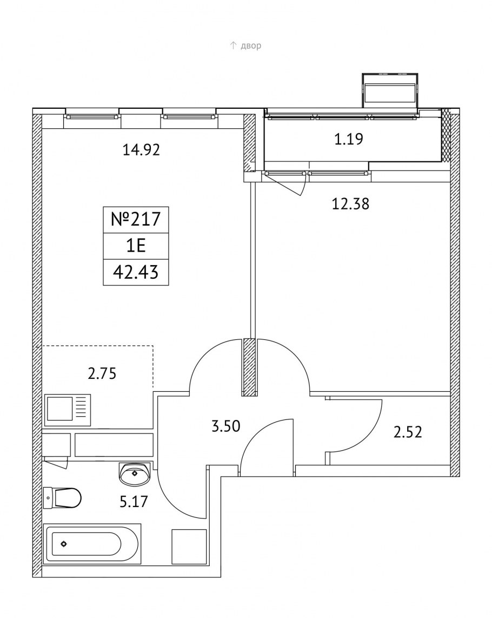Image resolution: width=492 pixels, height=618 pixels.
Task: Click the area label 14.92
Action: pos(142,150)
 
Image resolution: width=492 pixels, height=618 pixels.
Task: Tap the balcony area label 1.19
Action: pos(349,139)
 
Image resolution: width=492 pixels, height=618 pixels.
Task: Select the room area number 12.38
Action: pos(350,204)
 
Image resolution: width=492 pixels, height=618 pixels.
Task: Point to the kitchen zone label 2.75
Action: pos(102,373)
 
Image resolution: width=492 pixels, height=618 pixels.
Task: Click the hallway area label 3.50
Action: pos(225,426)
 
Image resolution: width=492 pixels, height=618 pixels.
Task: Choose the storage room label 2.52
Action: pos(408,432)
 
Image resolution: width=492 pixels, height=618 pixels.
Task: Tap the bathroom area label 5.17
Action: pos(134,502)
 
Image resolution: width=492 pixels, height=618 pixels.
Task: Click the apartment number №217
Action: pos(136,220)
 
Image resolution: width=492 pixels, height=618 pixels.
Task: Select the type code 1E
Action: pos(136,246)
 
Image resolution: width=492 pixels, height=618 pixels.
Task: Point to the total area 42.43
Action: pos(136,272)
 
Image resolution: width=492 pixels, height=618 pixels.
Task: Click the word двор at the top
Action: pos(251,46)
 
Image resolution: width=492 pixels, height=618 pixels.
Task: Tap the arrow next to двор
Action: pos(233,45)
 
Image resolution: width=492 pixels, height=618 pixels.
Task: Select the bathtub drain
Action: pos(63,544)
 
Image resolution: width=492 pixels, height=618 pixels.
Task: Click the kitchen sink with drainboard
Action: pos(68,410)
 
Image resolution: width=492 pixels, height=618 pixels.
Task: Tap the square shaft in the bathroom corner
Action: pos(189,547)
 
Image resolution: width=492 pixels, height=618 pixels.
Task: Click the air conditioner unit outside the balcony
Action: pos(390,90)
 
